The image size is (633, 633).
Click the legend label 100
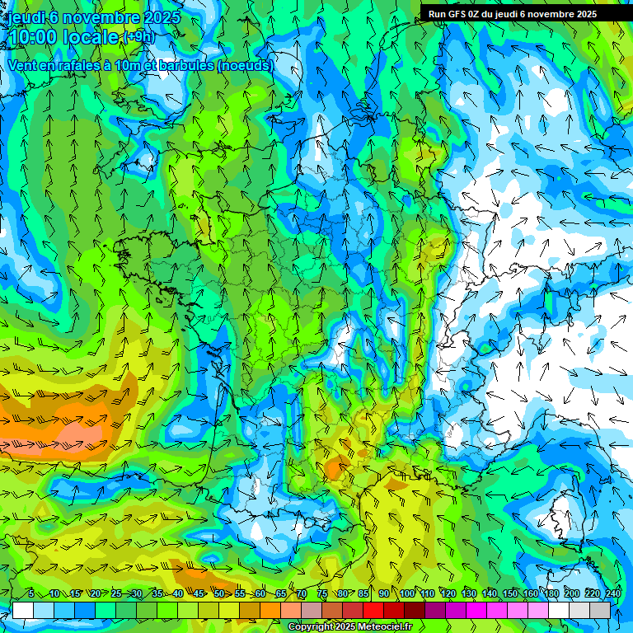pyautogui.click(x=407, y=593)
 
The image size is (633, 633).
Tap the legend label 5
pyautogui.click(x=30, y=593)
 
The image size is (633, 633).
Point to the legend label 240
pyautogui.click(x=613, y=593)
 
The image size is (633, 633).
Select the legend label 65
pyautogui.click(x=281, y=593)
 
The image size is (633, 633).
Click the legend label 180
pyautogui.click(x=551, y=593)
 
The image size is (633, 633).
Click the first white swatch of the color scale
pyautogui.click(x=23, y=610)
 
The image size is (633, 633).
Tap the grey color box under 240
pyautogui.click(x=600, y=610)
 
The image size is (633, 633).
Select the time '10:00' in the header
pyautogui.click(x=33, y=37)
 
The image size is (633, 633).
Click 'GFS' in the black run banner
pyautogui.click(x=457, y=14)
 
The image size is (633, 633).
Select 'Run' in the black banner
pyautogui.click(x=437, y=14)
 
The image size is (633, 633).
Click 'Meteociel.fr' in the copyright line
pyautogui.click(x=382, y=627)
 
